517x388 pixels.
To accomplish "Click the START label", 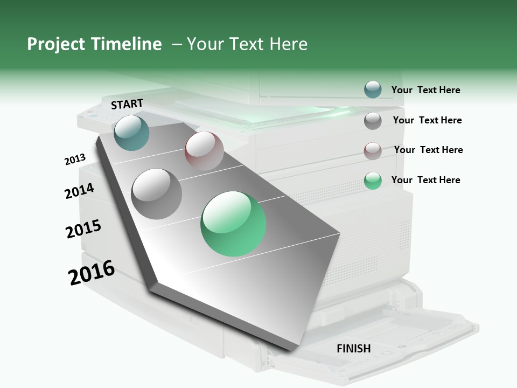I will (127, 104).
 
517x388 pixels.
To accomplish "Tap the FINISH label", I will (353, 349).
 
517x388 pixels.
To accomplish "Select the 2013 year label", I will (75, 160).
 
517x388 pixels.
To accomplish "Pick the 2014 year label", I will (79, 191).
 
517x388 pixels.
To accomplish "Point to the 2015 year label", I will (83, 229).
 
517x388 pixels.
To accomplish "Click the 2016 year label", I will (92, 273).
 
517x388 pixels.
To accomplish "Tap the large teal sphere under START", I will (131, 133).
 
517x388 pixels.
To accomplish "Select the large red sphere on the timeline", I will (204, 151).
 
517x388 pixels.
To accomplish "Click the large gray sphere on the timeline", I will (156, 193).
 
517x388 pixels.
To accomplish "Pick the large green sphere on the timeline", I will (233, 224).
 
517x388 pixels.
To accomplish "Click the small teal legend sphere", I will (373, 90).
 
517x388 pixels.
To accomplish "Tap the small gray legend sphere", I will (373, 121).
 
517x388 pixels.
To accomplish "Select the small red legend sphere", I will (373, 151).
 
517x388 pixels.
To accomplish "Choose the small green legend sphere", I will (373, 181).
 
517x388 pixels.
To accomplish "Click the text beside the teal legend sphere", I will (425, 90).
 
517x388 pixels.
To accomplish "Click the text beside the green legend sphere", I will (425, 180).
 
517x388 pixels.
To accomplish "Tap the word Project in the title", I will (57, 44).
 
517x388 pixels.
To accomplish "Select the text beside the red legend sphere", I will (428, 150).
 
